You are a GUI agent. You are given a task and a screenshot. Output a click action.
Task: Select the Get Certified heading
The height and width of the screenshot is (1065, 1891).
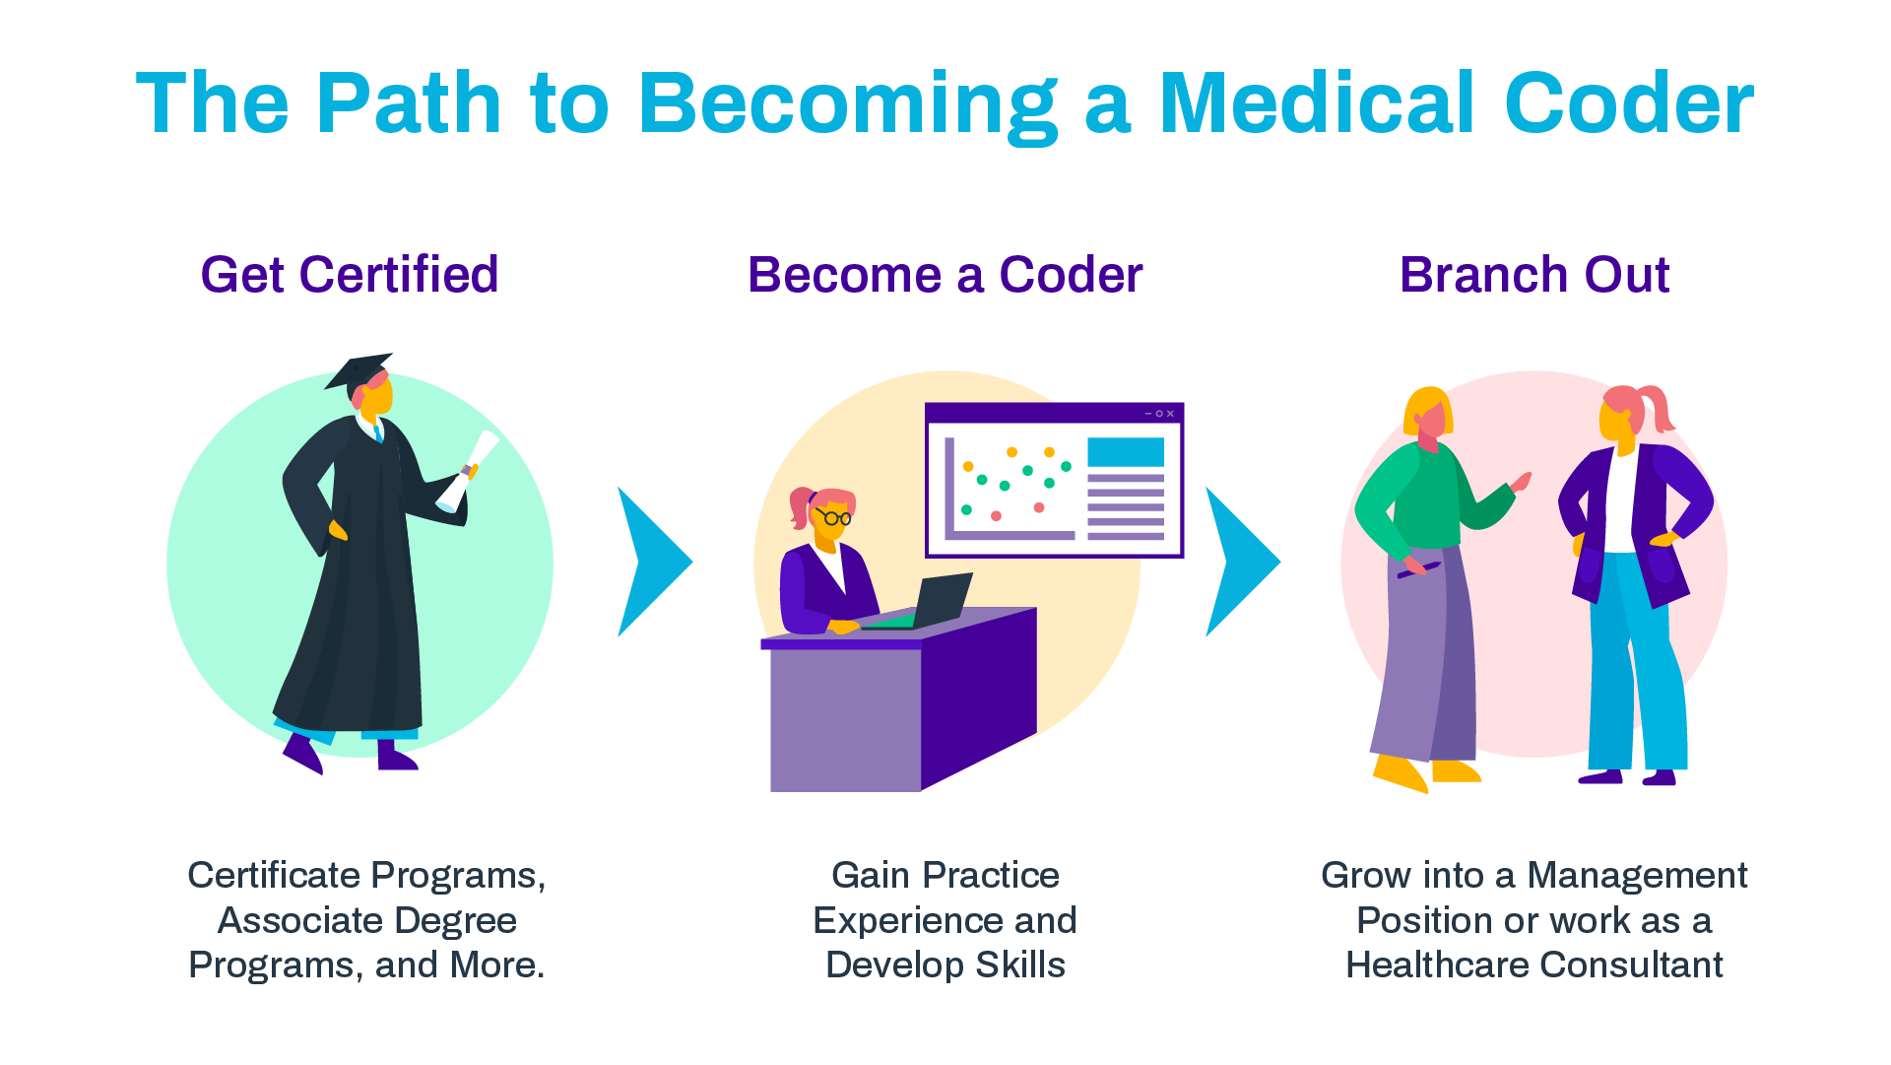pyautogui.click(x=350, y=275)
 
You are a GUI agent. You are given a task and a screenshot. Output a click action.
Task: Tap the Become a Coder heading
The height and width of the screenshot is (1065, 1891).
pyautogui.click(x=945, y=275)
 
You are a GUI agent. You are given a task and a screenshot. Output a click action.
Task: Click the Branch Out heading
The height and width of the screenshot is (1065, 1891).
pyautogui.click(x=1533, y=275)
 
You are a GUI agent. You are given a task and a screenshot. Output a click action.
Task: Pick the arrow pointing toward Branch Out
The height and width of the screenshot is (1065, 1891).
pyautogui.click(x=1240, y=562)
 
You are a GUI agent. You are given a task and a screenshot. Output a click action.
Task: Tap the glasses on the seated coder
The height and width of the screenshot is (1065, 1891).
pyautogui.click(x=835, y=516)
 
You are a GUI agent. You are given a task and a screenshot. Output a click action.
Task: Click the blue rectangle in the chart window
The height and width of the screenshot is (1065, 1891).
pyautogui.click(x=1125, y=452)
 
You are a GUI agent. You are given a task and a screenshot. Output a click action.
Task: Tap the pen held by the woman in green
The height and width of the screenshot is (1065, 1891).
pyautogui.click(x=1418, y=570)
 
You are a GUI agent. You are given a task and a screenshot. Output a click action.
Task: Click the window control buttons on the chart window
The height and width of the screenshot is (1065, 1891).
pyautogui.click(x=1159, y=414)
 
